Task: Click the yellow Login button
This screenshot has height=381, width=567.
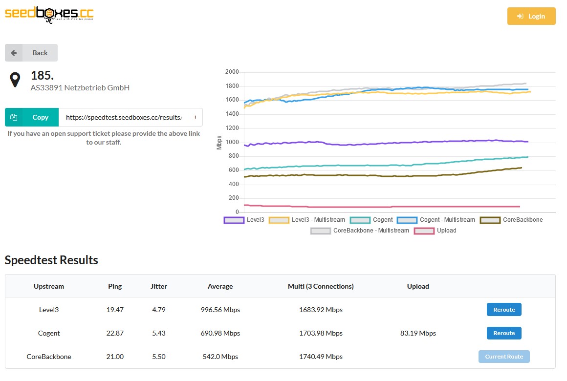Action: (531, 16)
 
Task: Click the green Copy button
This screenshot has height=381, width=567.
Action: (32, 117)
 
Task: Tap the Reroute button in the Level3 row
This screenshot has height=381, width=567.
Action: (504, 309)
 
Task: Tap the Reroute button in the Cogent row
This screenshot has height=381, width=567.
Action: (504, 333)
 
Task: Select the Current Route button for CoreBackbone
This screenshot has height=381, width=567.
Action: (504, 357)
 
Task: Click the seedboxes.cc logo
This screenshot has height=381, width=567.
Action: (49, 15)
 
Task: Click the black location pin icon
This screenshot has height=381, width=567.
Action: (15, 80)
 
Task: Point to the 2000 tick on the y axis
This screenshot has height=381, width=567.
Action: (232, 72)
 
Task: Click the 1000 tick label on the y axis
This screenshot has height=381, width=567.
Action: (232, 142)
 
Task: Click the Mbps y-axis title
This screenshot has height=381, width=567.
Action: (219, 143)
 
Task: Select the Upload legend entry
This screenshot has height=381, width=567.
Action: (436, 231)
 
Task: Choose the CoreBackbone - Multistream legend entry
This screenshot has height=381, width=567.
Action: (360, 231)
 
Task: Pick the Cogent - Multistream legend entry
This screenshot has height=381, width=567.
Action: (436, 220)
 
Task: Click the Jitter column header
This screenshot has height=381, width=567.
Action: (159, 286)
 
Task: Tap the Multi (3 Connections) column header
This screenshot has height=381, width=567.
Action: (321, 286)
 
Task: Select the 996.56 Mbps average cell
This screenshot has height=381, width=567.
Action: (220, 310)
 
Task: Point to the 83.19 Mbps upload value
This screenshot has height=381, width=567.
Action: (418, 333)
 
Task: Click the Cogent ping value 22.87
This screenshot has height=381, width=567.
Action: (115, 333)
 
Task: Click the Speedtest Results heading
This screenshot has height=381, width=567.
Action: (51, 260)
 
